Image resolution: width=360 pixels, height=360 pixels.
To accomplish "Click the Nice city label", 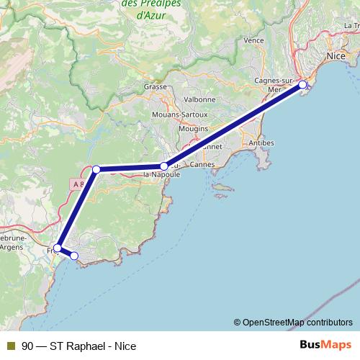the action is tap(336, 55).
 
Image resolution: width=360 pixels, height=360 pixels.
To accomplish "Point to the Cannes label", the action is tap(204, 164).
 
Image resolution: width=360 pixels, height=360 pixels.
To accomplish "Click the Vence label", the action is tap(254, 41).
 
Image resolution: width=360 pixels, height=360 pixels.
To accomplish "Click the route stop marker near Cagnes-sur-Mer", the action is tap(302, 85).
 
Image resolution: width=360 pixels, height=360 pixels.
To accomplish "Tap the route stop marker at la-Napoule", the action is tap(164, 166).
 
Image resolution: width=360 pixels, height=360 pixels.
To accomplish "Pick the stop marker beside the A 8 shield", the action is tap(96, 170).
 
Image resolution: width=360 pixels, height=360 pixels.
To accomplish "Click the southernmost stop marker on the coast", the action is tap(73, 256).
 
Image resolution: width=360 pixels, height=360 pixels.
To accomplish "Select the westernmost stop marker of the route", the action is tap(57, 248).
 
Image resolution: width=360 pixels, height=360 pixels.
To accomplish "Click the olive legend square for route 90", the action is tap(10, 346).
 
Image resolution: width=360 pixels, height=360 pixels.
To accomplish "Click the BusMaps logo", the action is tap(325, 345).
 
